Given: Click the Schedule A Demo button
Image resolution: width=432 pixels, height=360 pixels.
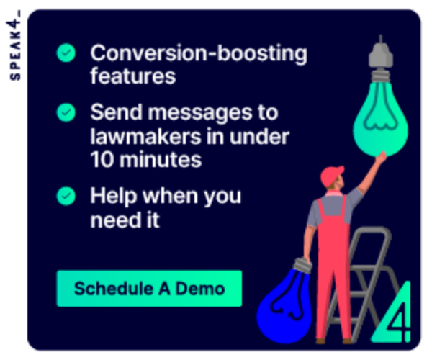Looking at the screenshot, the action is pos(149,289).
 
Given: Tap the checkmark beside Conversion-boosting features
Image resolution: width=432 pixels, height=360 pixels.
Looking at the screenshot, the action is pos(66,53).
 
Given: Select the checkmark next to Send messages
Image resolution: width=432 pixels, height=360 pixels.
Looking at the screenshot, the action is pos(66,112).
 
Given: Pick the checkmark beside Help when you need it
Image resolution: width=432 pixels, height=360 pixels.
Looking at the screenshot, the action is pos(66,196).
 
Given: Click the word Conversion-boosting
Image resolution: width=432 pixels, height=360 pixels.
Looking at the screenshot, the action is pos(199,53).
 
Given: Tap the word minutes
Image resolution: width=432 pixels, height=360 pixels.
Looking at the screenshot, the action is pos(161,160).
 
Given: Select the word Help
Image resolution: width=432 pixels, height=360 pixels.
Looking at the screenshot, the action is pos(114,197).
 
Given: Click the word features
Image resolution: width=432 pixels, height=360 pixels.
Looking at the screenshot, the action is pos(133,76).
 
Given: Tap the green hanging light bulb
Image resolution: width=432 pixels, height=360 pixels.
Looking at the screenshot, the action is pos(381,119).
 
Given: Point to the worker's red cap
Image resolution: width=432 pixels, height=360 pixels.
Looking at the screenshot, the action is pos(331,175).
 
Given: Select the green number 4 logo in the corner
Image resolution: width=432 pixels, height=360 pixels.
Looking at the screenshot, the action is pos(392,312).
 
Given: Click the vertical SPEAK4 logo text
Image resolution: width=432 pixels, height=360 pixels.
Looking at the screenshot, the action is pos(14,45).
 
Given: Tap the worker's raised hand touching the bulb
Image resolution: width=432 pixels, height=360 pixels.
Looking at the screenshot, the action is pos(382,158).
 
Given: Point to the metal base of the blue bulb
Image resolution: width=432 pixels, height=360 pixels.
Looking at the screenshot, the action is pos(302,265).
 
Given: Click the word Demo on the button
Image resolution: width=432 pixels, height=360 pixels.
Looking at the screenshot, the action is pos(200,289).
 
